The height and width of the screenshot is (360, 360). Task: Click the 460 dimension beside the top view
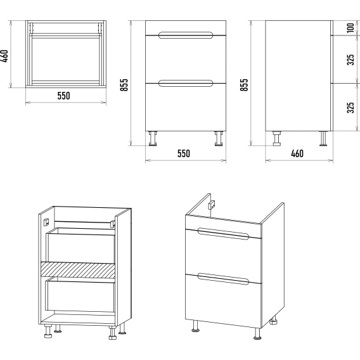(x=5, y=56)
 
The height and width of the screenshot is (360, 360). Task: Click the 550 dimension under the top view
(x=63, y=96)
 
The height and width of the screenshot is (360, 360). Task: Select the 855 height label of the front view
(x=124, y=85)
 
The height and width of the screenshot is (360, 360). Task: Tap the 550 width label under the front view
(x=184, y=153)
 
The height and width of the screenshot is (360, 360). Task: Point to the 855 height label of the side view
(x=244, y=85)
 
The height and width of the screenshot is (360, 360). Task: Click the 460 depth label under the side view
(x=297, y=153)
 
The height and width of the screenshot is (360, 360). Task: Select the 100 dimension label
(x=350, y=28)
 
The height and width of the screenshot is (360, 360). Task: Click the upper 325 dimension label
(x=350, y=60)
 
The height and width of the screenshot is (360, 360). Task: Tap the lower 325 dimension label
(x=350, y=108)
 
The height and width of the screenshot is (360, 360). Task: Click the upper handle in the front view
(x=186, y=35)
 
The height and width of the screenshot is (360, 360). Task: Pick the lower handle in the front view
(x=186, y=83)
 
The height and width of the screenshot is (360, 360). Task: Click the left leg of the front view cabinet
(x=153, y=138)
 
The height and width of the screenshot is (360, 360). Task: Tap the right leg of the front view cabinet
(x=219, y=138)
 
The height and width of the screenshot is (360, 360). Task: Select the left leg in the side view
(x=277, y=138)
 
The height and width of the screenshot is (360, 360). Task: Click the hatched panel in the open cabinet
(x=78, y=270)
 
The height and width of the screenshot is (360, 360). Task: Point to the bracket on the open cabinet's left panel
(x=46, y=222)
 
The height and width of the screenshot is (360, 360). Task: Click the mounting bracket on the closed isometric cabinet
(x=212, y=205)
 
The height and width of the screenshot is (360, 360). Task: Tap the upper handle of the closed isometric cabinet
(x=223, y=234)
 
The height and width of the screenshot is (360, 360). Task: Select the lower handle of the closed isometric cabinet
(x=223, y=279)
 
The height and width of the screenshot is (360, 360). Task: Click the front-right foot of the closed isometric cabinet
(x=257, y=333)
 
